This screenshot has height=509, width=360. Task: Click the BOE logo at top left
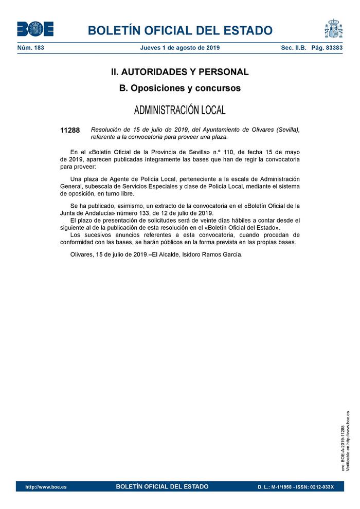[x=35, y=29]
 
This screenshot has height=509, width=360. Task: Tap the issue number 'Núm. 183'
[x=31, y=48]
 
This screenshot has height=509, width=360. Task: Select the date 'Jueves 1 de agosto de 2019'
[x=180, y=48]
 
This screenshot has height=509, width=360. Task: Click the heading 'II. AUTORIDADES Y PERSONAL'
[x=180, y=72]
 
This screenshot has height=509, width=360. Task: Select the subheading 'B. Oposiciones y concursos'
[x=180, y=88]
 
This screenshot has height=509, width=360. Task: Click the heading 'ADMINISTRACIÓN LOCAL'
[x=180, y=111]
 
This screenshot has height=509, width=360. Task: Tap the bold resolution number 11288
[x=70, y=130]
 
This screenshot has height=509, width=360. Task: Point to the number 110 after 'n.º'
[x=221, y=152]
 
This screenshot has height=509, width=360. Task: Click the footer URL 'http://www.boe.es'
[x=45, y=487]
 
